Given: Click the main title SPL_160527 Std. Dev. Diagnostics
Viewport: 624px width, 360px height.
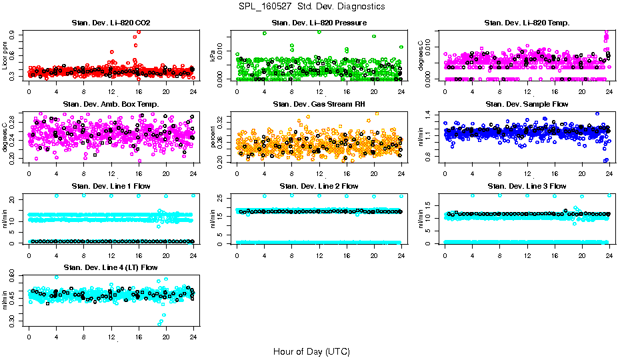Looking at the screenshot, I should click(x=311, y=7).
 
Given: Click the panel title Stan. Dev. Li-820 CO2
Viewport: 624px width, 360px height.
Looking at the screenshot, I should click(x=111, y=23).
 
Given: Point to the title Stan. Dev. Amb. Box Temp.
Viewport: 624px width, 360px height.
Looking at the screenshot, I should click(x=111, y=104).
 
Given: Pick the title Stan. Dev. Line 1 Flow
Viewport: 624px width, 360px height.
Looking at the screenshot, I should click(x=111, y=186).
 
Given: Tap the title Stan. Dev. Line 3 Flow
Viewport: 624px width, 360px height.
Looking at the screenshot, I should click(x=527, y=186).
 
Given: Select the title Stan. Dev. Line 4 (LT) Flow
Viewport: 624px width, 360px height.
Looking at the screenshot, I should click(x=111, y=267).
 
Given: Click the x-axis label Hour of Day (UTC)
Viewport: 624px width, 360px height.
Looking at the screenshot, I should click(x=311, y=351).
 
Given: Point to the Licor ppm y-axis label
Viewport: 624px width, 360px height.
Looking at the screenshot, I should click(x=5, y=55).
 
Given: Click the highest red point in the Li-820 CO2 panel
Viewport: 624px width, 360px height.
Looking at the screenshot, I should click(x=138, y=31).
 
